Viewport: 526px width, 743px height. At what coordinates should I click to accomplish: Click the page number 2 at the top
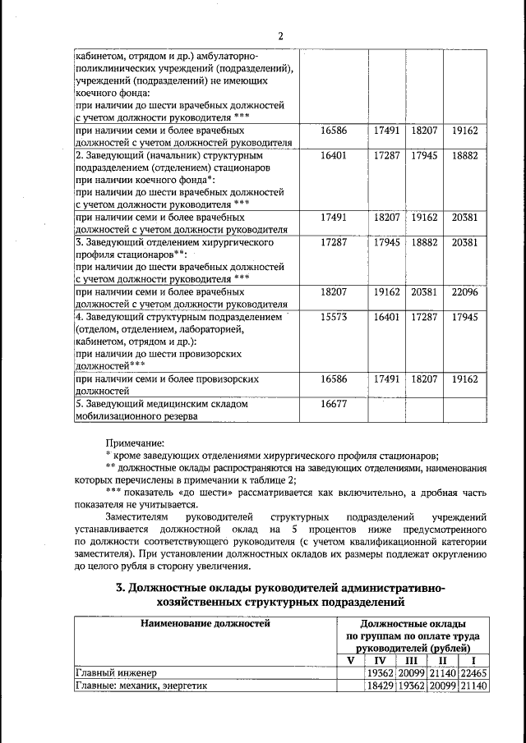coord(279,35)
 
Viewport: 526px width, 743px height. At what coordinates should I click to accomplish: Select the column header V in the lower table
coord(350,660)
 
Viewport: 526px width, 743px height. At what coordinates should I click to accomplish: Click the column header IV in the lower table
coord(381,660)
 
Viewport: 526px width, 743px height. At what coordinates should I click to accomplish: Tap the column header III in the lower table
coord(412,660)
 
